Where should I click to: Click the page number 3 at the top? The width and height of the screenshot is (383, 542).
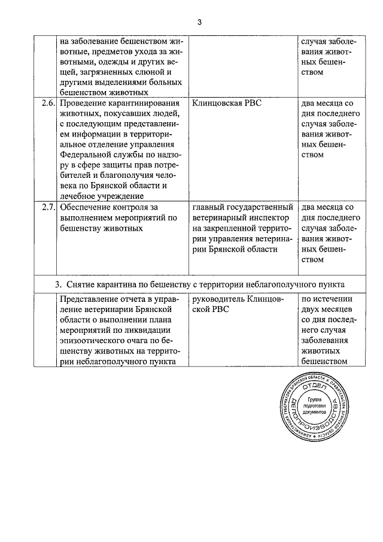tap(200, 22)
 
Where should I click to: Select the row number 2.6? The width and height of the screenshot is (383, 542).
tap(48, 103)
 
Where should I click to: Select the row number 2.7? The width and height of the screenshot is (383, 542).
tap(48, 208)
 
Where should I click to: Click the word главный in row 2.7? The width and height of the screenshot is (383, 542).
tap(209, 208)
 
